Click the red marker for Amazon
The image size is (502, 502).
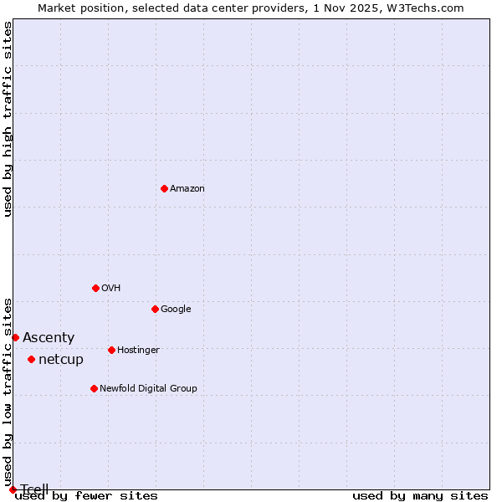coord(164,188)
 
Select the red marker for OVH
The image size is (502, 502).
coord(95,288)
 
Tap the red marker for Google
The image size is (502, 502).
coord(155,309)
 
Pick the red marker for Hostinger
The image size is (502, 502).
coord(111,350)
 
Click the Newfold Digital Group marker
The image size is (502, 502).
coord(94,388)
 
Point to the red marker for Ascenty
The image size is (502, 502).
coord(15,337)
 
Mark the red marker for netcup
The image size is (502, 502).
coord(31,359)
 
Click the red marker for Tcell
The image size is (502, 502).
coord(13,489)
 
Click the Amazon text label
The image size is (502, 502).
coord(187,189)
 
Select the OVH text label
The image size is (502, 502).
coord(111,289)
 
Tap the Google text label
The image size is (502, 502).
coord(176,310)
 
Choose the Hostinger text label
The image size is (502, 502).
coord(138,351)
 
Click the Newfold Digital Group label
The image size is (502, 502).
coord(148,389)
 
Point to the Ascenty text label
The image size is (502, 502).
coord(49,338)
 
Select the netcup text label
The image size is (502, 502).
coord(61,360)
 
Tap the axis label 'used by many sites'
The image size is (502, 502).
coord(420,496)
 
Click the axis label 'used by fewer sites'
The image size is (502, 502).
coord(86,496)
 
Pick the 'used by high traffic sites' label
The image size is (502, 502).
coord(8,119)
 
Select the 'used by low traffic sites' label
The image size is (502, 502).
coord(8,392)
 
